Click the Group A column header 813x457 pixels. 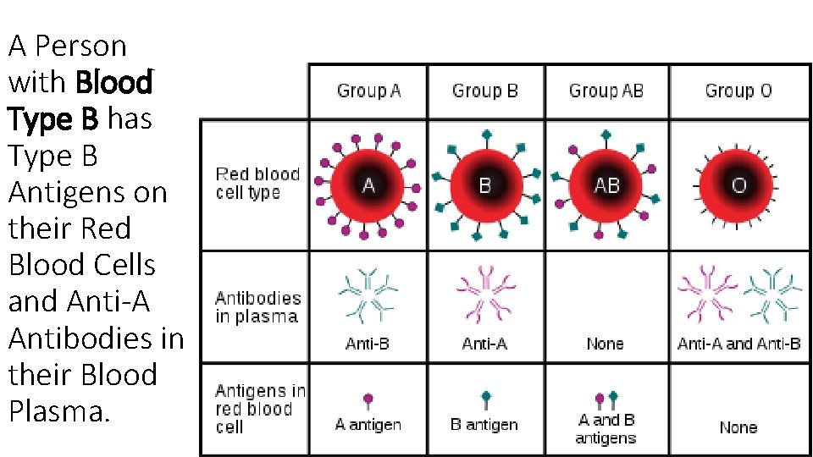coord(368,91)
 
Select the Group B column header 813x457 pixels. coord(484,91)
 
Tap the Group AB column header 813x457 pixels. coord(606,91)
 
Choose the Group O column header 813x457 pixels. coord(738,91)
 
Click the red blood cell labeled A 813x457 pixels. coord(368,184)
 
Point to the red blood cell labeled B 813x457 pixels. coord(485,184)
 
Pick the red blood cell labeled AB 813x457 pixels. coord(606,184)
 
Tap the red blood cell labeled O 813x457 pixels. coord(738,184)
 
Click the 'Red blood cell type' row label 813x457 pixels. coord(257,184)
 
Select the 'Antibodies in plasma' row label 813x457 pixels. coord(258,308)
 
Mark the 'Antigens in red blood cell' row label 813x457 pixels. coord(259,409)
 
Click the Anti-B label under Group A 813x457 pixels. coord(367,344)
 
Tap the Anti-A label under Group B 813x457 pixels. coord(484,344)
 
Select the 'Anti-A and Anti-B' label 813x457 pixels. coord(738,344)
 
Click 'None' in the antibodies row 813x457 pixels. coord(605,344)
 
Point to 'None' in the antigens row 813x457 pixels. coord(738,427)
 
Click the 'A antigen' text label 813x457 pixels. coord(368,425)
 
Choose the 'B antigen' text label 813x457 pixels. coord(484,425)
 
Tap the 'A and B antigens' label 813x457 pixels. coord(606,429)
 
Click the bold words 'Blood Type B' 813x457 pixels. coord(80,101)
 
